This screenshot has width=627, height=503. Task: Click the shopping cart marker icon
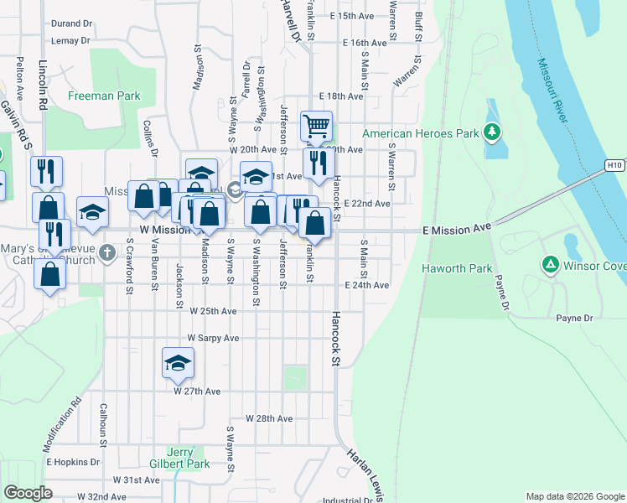(x=316, y=126)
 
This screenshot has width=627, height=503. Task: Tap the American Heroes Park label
(x=420, y=133)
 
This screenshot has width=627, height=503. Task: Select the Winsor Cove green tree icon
(x=551, y=266)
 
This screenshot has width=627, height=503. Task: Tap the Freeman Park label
(x=104, y=96)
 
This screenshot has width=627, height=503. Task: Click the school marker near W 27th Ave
(x=177, y=363)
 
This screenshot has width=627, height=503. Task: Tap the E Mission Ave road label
(x=456, y=228)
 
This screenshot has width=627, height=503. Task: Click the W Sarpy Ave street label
(x=213, y=338)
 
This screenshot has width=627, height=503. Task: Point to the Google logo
(x=28, y=493)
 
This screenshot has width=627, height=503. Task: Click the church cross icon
(x=106, y=252)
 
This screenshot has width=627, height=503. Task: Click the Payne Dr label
(x=574, y=318)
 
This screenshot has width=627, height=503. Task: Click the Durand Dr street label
(x=71, y=24)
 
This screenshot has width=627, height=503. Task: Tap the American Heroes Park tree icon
(x=493, y=132)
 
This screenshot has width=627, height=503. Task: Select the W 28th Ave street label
(x=268, y=417)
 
